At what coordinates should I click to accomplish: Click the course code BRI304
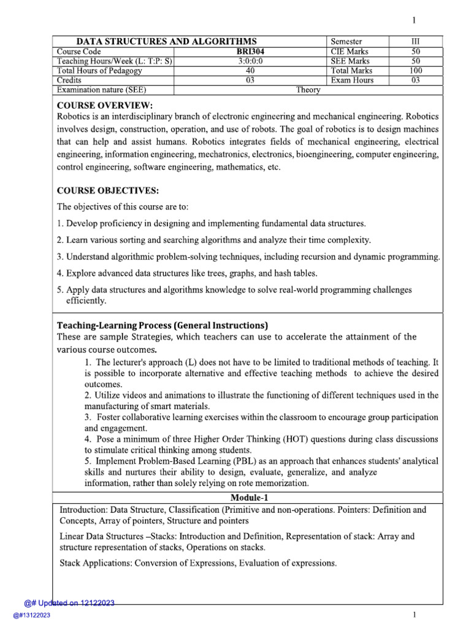250,52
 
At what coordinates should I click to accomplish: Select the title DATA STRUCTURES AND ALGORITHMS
166,41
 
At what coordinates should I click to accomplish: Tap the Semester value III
415,41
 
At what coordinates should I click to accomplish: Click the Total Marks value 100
415,71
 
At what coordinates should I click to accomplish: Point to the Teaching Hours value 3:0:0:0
250,61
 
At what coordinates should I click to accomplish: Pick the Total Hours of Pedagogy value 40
250,71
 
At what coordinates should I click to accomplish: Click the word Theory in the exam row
308,90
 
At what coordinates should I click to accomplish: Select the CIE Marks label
350,52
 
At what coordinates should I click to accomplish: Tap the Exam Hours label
351,80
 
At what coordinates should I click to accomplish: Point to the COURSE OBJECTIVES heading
112,190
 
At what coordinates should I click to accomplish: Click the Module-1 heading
250,497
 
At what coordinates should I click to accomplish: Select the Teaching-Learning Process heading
163,325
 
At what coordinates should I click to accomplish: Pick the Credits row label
69,80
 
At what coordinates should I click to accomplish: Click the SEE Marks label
350,61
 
